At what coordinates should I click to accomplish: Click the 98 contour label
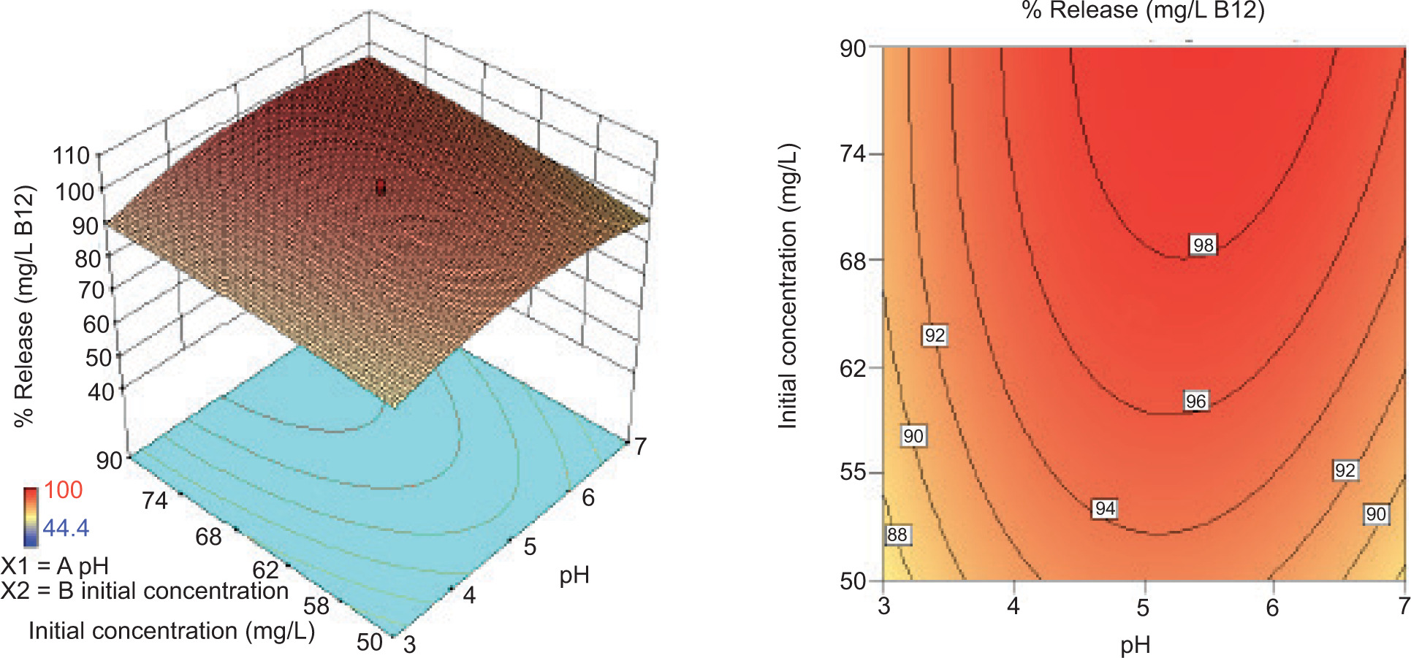(1203, 245)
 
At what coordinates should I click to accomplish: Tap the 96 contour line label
(1195, 401)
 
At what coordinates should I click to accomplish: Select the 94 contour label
(1104, 508)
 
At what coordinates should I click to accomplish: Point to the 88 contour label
(897, 535)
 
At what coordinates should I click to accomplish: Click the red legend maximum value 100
(63, 490)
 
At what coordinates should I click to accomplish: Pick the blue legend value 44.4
(65, 527)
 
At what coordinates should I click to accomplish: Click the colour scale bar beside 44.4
(30, 517)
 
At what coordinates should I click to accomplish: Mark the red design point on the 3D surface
(380, 188)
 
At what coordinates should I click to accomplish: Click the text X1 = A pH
(55, 566)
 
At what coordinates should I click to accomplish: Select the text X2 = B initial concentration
(145, 591)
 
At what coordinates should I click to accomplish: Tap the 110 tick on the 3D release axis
(71, 155)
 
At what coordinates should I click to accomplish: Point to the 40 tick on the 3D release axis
(101, 391)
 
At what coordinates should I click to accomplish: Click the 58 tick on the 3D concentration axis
(316, 605)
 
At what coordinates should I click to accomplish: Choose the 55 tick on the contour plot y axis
(853, 472)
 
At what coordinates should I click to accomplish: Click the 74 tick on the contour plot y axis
(853, 154)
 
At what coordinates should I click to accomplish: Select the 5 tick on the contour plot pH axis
(1143, 607)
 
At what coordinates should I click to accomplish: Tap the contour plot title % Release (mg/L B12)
(1143, 11)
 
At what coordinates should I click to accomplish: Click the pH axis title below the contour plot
(1135, 645)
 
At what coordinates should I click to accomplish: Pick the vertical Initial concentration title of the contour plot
(788, 286)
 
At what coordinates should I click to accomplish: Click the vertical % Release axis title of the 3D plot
(24, 305)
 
